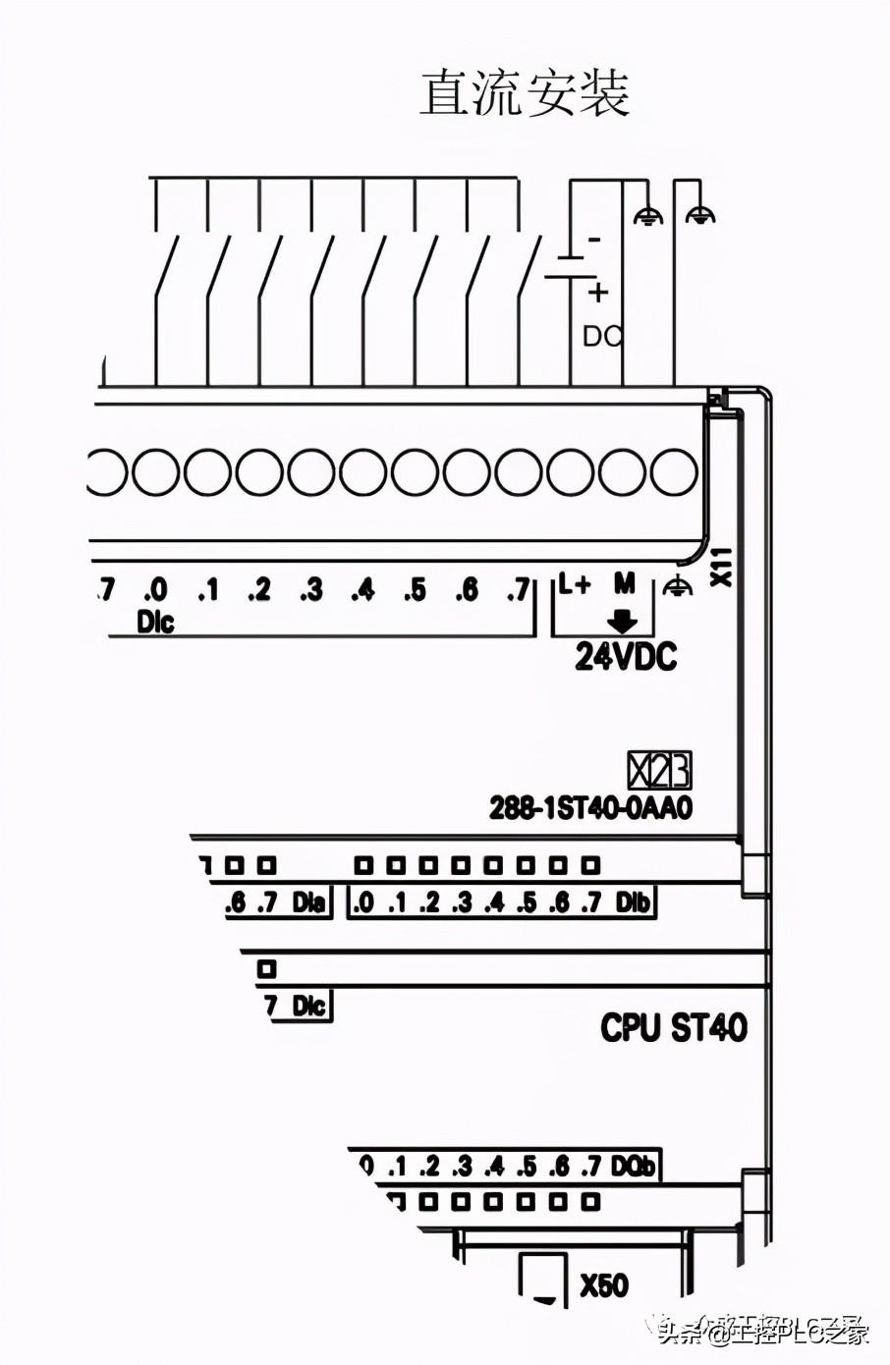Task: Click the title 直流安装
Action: (x=525, y=94)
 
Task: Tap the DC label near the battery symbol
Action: (x=602, y=336)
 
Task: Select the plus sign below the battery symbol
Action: (x=598, y=292)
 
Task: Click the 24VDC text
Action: (x=626, y=657)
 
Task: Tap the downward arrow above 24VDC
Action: (x=623, y=621)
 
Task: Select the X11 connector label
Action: (x=722, y=567)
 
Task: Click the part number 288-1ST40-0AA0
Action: (x=591, y=808)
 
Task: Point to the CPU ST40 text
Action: (x=674, y=1027)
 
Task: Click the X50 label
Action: (x=603, y=1285)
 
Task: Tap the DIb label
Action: (x=634, y=901)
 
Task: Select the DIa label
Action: (x=308, y=901)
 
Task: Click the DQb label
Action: (x=633, y=1166)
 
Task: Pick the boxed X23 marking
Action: (x=659, y=771)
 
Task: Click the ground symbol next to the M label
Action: (x=677, y=586)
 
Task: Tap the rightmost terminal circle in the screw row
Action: (x=674, y=472)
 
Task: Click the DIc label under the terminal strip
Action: (x=155, y=622)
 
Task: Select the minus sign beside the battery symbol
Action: (x=593, y=239)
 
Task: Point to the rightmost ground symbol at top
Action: (x=699, y=215)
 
